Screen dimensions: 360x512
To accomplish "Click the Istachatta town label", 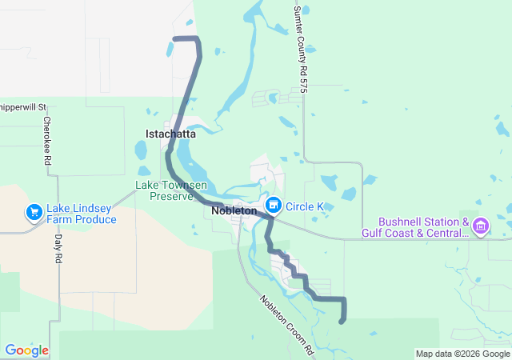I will click(170, 134).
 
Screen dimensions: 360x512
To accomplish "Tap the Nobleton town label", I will click(234, 211).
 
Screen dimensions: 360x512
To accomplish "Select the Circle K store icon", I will click(274, 206).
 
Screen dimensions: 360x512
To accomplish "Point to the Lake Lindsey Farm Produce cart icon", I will click(34, 213).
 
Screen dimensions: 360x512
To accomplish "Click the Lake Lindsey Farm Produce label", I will click(81, 214).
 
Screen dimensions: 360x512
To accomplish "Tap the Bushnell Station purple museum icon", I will click(480, 227).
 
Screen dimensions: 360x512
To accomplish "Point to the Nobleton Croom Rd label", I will click(286, 324).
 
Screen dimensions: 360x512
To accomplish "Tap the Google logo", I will click(26, 350).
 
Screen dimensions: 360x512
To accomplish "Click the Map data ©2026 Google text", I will click(462, 354).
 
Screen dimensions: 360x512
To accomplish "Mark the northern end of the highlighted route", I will click(175, 38).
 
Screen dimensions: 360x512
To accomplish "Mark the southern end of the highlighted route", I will click(342, 322).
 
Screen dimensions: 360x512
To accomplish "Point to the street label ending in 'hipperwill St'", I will click(24, 106).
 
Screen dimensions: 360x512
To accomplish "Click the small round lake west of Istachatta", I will click(141, 150).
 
